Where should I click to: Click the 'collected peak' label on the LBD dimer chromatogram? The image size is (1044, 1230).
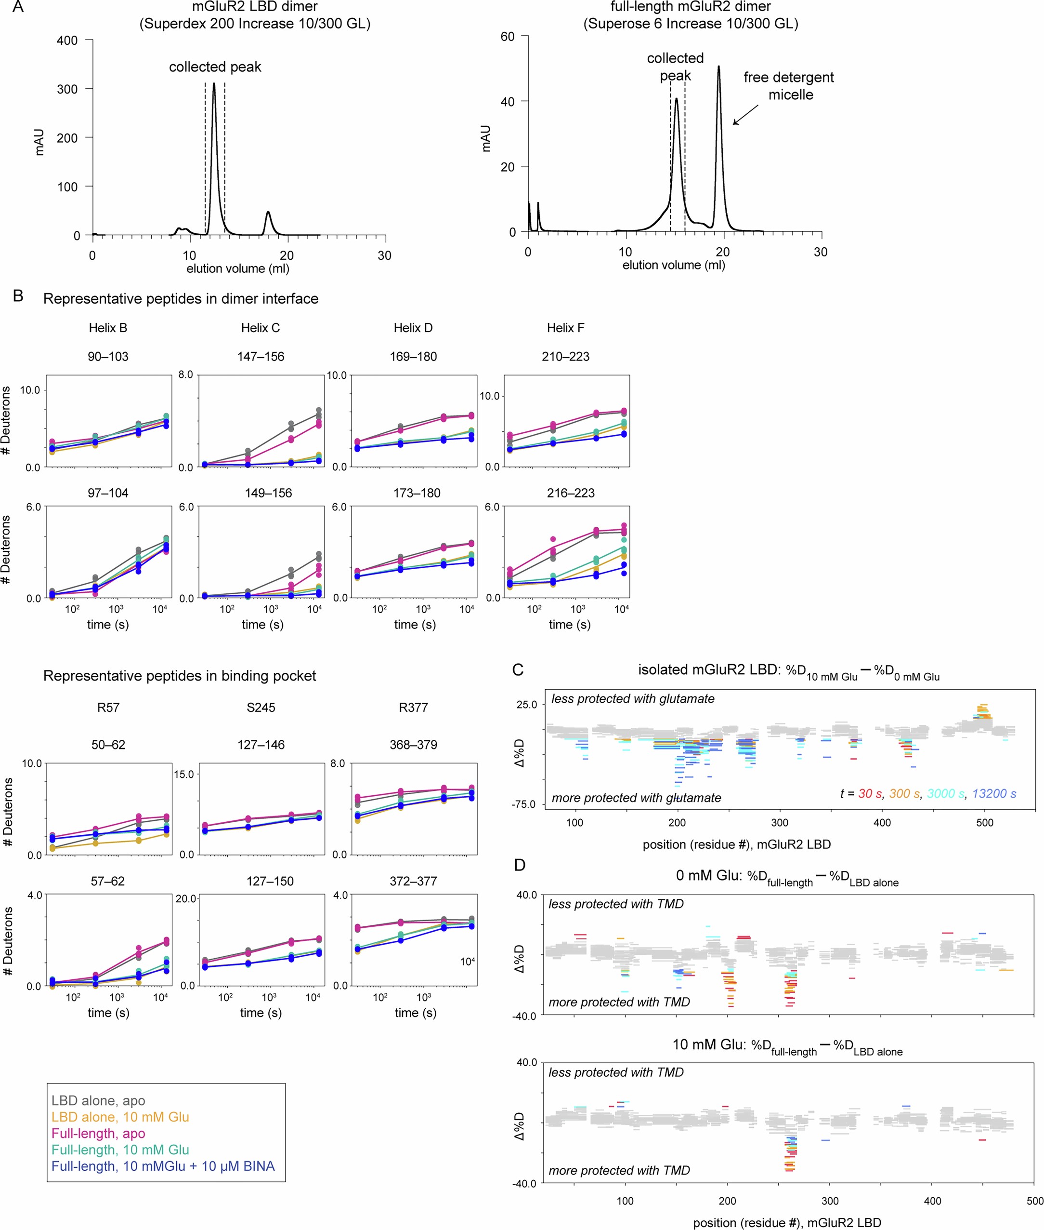pos(215,67)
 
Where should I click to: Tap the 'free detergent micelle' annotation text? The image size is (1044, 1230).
pos(789,86)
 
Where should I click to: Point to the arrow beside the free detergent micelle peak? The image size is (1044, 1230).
pos(746,115)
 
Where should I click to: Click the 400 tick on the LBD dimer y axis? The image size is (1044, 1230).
pos(67,40)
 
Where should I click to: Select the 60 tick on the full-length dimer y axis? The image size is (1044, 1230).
pos(507,37)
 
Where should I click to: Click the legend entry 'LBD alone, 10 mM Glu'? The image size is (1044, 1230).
pos(120,1117)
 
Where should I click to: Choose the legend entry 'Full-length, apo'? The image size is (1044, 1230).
pos(98,1134)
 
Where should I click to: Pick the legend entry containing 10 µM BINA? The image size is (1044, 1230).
pos(163,1166)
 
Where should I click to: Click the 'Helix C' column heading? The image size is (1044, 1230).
pos(261,327)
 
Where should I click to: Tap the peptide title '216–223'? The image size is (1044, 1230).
pos(571,493)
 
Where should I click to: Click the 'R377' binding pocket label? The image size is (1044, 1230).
pos(413,707)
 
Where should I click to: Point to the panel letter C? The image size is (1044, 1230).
pos(518,670)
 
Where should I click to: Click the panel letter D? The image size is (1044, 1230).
pos(520,865)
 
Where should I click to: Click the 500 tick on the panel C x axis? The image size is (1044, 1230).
pos(985,823)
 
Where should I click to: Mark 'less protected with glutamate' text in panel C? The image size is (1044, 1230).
pos(633,699)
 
